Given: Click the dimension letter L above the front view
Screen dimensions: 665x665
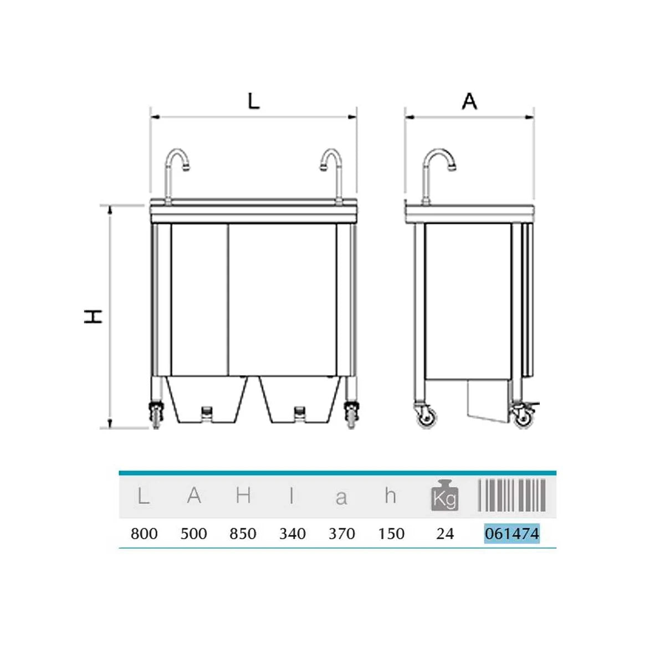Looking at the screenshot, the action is pyautogui.click(x=254, y=102).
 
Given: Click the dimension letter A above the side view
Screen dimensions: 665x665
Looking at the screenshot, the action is pyautogui.click(x=470, y=101).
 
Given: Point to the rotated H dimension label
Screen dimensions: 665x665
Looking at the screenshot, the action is pyautogui.click(x=93, y=316).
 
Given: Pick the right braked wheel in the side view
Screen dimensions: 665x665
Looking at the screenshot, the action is pyautogui.click(x=524, y=417).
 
